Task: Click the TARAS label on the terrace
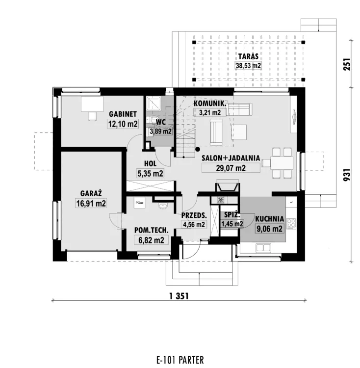pyautogui.click(x=248, y=56)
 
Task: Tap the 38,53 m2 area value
pyautogui.click(x=248, y=65)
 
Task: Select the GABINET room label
pyautogui.click(x=123, y=114)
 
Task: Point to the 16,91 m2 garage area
pyautogui.click(x=91, y=203)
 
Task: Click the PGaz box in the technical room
pyautogui.click(x=140, y=203)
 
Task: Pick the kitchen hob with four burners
pyautogui.click(x=291, y=223)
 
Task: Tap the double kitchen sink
pyautogui.click(x=263, y=248)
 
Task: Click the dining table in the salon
pyautogui.click(x=282, y=162)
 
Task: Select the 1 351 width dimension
pyautogui.click(x=179, y=296)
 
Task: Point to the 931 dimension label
pyautogui.click(x=347, y=174)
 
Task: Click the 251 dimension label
pyautogui.click(x=347, y=64)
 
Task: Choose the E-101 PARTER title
pyautogui.click(x=180, y=360)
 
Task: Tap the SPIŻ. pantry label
pyautogui.click(x=232, y=215)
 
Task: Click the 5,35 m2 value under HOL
pyautogui.click(x=151, y=173)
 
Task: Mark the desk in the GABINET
pyautogui.click(x=92, y=104)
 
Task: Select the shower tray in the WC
pyautogui.click(x=154, y=103)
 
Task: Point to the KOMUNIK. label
pyautogui.click(x=210, y=104)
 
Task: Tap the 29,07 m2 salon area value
pyautogui.click(x=231, y=168)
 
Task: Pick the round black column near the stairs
pyautogui.click(x=198, y=149)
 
